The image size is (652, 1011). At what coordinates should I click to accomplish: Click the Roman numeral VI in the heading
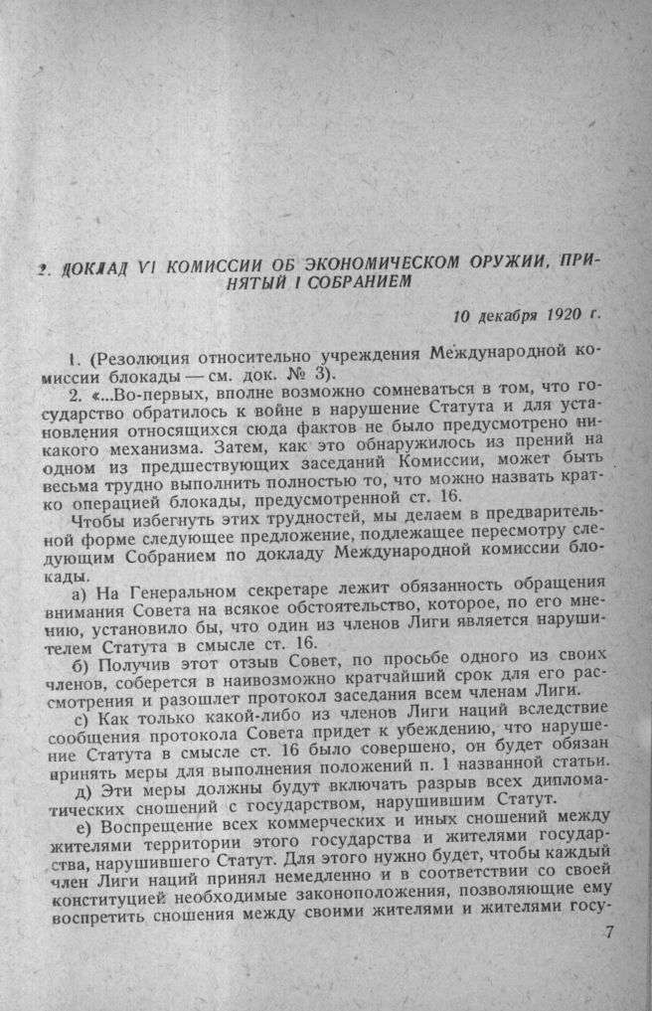146,263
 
